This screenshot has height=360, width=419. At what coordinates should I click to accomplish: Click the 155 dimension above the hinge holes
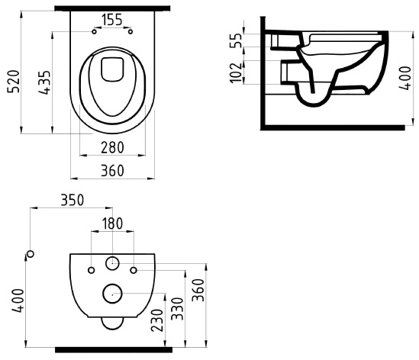coord(112,20)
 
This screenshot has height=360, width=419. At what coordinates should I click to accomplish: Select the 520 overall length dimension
coord(14,81)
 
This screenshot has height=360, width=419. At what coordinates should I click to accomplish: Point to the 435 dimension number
coord(44,82)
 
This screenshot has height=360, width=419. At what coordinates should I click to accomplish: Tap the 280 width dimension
coord(112,147)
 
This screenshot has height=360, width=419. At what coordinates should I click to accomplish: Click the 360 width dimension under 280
coord(112,170)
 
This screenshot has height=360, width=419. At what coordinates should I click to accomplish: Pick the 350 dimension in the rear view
coord(73,200)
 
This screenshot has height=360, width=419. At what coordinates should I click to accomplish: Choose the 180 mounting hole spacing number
coord(112,223)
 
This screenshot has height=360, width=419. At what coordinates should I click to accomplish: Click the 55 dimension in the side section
coord(236,40)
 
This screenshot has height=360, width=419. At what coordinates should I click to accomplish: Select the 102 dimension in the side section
coord(236,72)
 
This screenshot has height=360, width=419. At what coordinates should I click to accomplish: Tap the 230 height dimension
coord(157,320)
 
